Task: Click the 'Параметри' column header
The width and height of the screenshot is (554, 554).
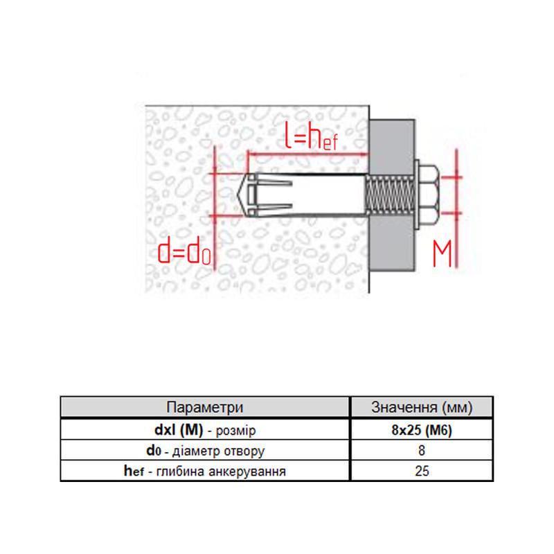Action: coord(205,407)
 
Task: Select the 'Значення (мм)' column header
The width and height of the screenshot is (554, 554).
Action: coord(422,407)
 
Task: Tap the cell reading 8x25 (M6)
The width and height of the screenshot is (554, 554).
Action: coord(422,429)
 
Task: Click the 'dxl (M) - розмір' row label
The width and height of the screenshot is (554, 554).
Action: coord(205,429)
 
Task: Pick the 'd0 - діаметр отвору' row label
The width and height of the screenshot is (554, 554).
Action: coord(205,451)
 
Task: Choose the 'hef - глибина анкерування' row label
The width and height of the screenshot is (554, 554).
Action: coord(205,472)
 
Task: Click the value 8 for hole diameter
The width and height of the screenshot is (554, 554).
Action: coord(422,451)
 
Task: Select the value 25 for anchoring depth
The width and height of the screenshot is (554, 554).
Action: coord(422,472)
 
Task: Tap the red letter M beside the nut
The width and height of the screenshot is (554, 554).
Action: coord(443,254)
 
